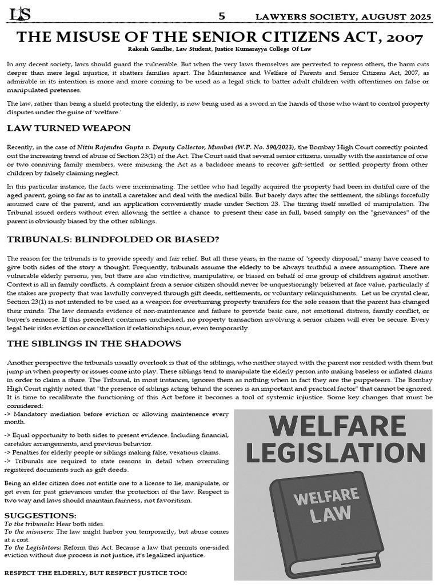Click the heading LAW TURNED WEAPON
pos(69,127)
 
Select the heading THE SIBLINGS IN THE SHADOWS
pos(94,343)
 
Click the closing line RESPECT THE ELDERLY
pos(95,572)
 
